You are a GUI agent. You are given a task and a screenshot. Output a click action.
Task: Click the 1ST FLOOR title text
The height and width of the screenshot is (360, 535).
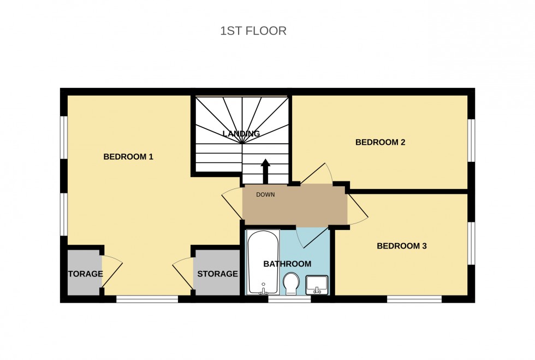(x=253, y=31)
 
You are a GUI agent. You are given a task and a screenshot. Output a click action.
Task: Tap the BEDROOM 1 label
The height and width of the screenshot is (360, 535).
(x=128, y=157)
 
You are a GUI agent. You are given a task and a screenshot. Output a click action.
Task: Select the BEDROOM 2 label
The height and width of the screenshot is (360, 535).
(x=380, y=143)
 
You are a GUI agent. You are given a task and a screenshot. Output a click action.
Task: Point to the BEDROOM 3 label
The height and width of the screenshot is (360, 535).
(x=402, y=246)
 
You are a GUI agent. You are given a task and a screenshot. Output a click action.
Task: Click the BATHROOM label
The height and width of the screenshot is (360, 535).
(x=287, y=264)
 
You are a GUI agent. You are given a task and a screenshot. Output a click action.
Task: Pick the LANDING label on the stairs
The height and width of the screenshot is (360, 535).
(x=241, y=134)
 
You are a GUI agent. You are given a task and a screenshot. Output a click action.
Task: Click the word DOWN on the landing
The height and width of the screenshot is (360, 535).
(x=266, y=194)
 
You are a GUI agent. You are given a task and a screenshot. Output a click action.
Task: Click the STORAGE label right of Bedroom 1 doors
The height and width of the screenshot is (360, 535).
(x=217, y=274)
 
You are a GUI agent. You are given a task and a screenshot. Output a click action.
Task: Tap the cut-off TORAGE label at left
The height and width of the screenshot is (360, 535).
(x=85, y=274)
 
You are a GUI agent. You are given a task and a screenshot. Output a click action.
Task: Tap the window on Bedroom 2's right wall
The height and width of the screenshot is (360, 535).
(x=471, y=140)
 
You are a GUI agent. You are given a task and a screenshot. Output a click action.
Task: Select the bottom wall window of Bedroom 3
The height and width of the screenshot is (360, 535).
(x=414, y=299)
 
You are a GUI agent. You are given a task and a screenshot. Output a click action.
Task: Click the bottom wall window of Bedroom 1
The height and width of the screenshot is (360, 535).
(x=147, y=299)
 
